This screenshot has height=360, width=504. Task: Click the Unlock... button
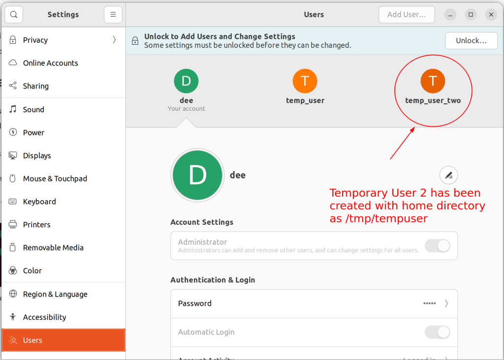click(471, 41)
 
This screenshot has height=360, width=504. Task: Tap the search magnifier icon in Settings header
click(14, 15)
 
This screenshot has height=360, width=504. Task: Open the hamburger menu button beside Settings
click(113, 15)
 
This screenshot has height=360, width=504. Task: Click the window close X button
click(491, 15)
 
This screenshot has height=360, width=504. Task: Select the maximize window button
click(471, 15)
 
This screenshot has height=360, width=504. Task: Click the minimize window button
click(450, 15)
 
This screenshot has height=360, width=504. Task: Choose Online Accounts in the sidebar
click(50, 63)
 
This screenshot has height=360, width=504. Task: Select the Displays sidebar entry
click(37, 155)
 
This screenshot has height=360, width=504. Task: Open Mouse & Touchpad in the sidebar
click(55, 179)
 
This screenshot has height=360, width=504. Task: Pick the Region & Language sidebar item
click(55, 294)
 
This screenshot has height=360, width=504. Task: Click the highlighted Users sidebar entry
click(32, 340)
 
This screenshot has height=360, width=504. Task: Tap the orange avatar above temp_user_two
click(433, 81)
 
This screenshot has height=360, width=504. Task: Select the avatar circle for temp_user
click(305, 81)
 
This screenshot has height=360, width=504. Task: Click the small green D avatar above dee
click(186, 81)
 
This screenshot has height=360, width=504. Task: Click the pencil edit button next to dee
click(448, 175)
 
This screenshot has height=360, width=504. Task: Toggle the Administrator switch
click(437, 246)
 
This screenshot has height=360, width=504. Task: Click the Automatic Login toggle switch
click(437, 332)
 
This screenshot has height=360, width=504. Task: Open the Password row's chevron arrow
click(446, 303)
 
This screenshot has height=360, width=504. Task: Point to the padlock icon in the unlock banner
click(135, 41)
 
